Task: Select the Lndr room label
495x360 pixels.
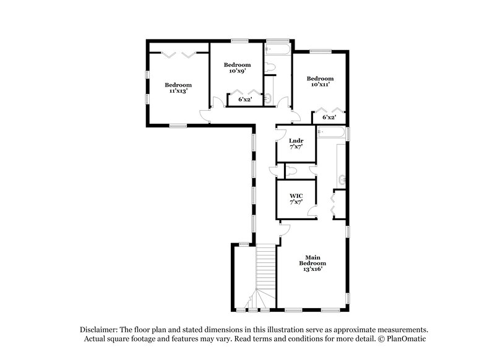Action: (x=296, y=142)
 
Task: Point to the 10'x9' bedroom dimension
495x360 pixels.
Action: (x=238, y=71)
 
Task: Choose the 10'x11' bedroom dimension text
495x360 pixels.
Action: (x=321, y=85)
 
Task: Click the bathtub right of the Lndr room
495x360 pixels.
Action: (x=333, y=133)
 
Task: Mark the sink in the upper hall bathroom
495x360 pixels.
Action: (x=267, y=98)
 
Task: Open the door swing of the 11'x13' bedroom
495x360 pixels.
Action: (x=205, y=113)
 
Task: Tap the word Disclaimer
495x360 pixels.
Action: (x=101, y=330)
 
